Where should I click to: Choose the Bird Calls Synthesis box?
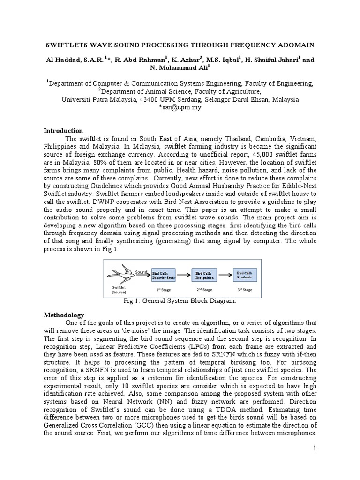pyautogui.click(x=246, y=275)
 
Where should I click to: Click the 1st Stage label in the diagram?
pyautogui.click(x=162, y=289)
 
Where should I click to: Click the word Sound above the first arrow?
pyautogui.click(x=142, y=271)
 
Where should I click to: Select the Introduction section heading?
pyautogui.click(x=63, y=131)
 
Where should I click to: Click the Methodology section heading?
pyautogui.click(x=64, y=315)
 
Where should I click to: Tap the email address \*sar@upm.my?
pyautogui.click(x=180, y=108)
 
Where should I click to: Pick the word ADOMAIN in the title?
pyautogui.click(x=295, y=45)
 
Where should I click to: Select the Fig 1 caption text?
pyautogui.click(x=180, y=301)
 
